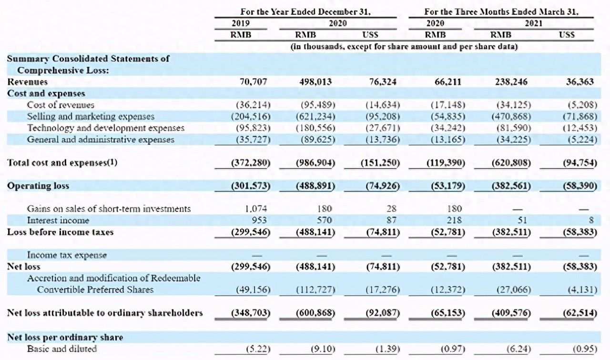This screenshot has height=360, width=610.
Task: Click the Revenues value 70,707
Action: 253,82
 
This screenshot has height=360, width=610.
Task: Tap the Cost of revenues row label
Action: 61,105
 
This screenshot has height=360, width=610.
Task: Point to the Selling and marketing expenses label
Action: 91,116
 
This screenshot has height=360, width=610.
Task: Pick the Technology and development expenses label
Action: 105,128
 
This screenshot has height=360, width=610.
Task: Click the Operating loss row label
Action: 38,186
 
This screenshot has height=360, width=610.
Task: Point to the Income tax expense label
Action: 67,255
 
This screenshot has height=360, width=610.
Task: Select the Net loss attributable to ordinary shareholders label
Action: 105,313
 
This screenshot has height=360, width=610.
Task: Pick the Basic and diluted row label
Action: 61,349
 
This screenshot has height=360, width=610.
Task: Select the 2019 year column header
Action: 241,23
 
